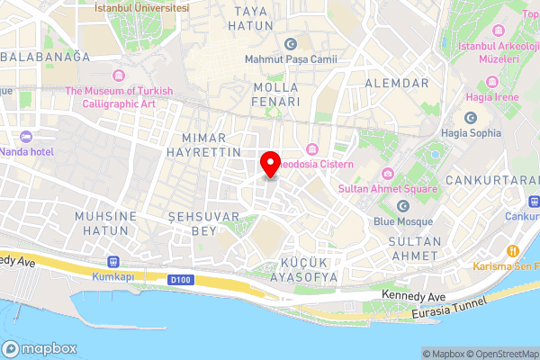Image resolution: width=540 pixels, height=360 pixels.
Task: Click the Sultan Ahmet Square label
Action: [388, 189]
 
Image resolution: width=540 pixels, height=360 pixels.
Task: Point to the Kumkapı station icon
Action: [112, 261]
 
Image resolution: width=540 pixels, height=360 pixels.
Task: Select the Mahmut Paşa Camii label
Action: [289, 60]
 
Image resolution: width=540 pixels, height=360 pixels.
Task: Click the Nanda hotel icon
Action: [25, 138]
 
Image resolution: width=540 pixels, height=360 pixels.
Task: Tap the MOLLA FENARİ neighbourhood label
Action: [276, 94]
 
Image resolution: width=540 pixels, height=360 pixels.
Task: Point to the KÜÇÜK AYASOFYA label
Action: [297, 268]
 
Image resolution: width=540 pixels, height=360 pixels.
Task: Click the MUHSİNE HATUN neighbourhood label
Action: [106, 224]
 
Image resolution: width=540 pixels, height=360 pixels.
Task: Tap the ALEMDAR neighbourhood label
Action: [397, 83]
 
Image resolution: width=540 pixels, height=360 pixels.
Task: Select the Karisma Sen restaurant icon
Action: [513, 250]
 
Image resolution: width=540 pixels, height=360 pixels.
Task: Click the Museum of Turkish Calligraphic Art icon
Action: [119, 74]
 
